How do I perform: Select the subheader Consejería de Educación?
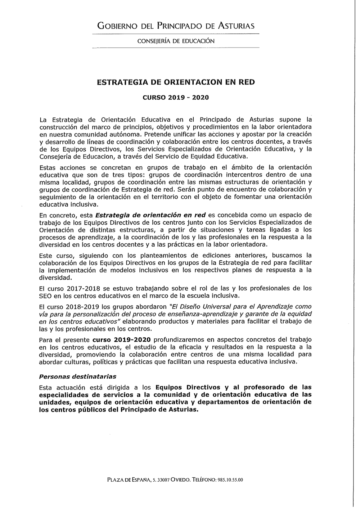coord(176,41)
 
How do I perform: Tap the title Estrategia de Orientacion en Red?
coord(176,82)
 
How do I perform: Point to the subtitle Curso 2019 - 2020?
coord(176,98)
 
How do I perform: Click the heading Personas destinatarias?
coord(77,377)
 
